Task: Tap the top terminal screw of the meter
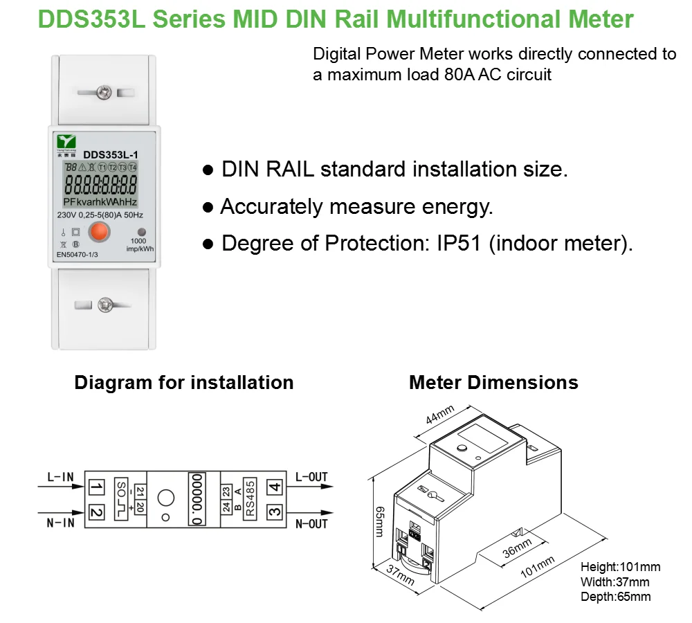(x=105, y=91)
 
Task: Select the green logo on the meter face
(x=66, y=144)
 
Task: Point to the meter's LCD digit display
(x=100, y=186)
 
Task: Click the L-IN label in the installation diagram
(x=60, y=478)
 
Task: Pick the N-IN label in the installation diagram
(x=60, y=523)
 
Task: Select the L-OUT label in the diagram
(x=311, y=478)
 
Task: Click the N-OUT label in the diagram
(x=311, y=524)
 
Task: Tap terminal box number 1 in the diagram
(x=96, y=489)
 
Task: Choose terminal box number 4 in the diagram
(x=275, y=488)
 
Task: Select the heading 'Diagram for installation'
(x=184, y=383)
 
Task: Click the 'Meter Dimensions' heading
(x=493, y=383)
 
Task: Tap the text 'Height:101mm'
(x=620, y=567)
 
